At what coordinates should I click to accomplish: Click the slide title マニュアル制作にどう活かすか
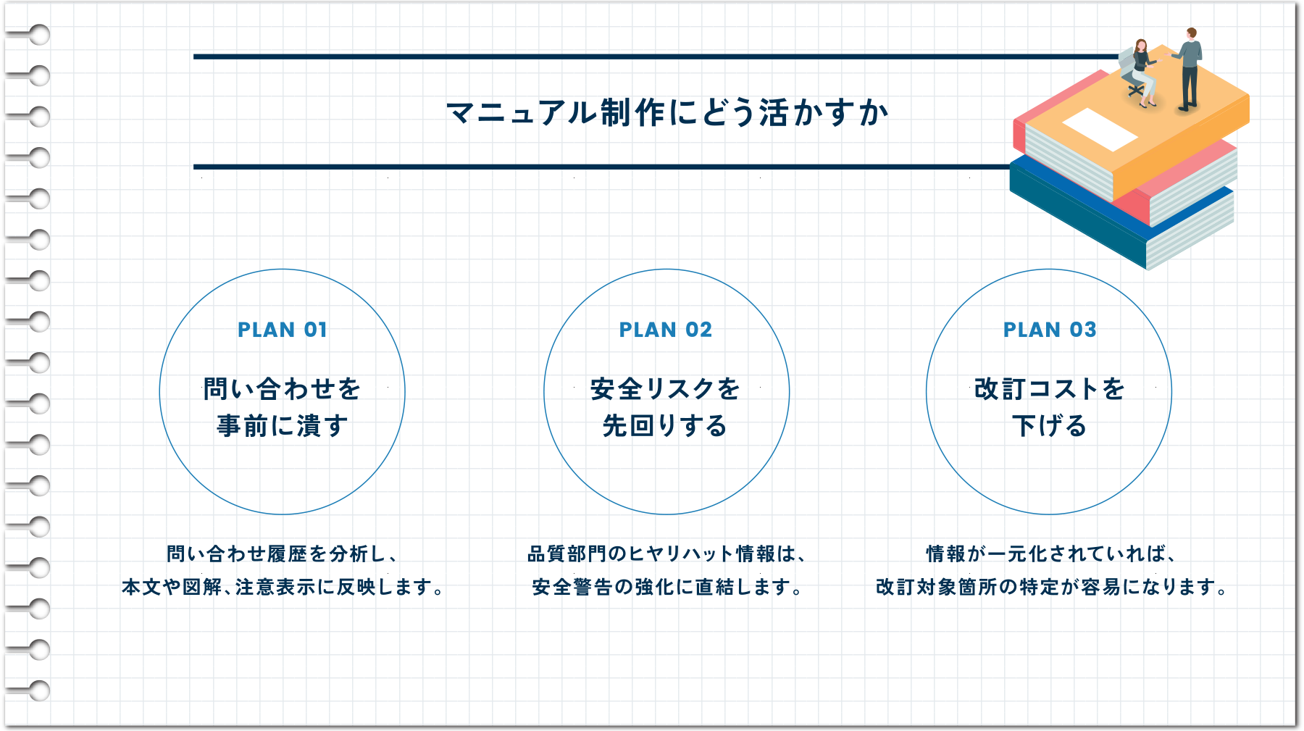click(x=667, y=113)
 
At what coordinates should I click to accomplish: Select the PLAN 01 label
click(x=283, y=330)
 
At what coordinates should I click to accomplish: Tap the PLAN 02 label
click(x=666, y=330)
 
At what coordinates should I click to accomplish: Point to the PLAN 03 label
click(x=1050, y=330)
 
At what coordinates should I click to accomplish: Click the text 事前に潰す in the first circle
click(x=283, y=426)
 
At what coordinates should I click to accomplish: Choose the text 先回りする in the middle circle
click(x=665, y=426)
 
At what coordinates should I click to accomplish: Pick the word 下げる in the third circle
click(x=1050, y=426)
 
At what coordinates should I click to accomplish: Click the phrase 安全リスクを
click(x=665, y=389)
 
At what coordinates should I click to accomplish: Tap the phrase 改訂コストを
click(x=1050, y=389)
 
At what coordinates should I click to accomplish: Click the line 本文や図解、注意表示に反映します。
click(x=283, y=587)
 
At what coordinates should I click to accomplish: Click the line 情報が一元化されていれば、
click(x=1050, y=554)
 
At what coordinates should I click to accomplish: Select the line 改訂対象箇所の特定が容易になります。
click(x=1050, y=587)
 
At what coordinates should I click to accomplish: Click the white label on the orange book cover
click(x=1100, y=129)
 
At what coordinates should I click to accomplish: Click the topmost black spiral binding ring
click(x=40, y=34)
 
